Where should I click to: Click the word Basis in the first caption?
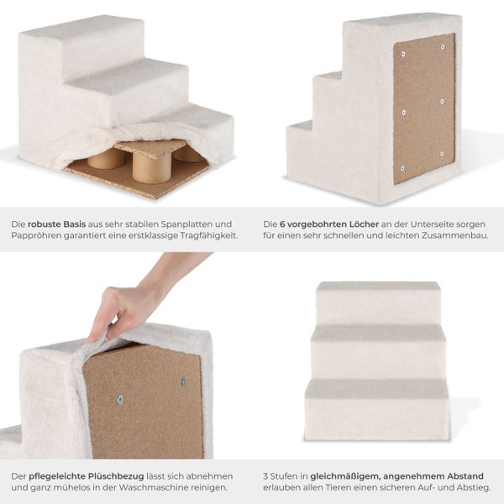[74, 224]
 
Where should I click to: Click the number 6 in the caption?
[282, 224]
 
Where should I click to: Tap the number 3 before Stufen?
[265, 476]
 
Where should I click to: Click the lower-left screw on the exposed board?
[120, 400]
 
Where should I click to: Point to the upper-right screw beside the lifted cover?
[183, 382]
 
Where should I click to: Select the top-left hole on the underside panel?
[403, 55]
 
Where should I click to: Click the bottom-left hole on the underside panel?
[402, 168]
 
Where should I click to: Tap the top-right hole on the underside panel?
[443, 47]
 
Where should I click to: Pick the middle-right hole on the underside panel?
[442, 102]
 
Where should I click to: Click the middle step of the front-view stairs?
[378, 353]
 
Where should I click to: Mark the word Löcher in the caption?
[364, 224]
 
